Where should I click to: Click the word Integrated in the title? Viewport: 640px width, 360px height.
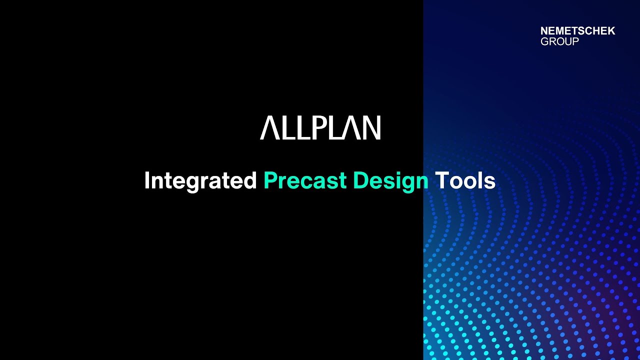point(200,181)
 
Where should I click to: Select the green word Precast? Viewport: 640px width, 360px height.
point(305,181)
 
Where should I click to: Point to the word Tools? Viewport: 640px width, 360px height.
point(465,181)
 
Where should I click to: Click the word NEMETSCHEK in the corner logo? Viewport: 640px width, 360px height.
point(577,31)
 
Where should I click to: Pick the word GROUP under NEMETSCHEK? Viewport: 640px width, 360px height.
point(559,41)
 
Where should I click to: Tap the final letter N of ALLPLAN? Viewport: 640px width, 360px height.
point(372,128)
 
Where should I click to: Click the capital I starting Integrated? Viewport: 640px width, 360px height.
point(147,181)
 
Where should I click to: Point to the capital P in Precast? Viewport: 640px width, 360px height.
point(269,181)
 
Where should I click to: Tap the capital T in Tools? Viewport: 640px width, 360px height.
point(441,181)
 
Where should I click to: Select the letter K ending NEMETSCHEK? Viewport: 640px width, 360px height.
point(611,31)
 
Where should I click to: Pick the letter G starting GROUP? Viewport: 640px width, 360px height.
point(544,41)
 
